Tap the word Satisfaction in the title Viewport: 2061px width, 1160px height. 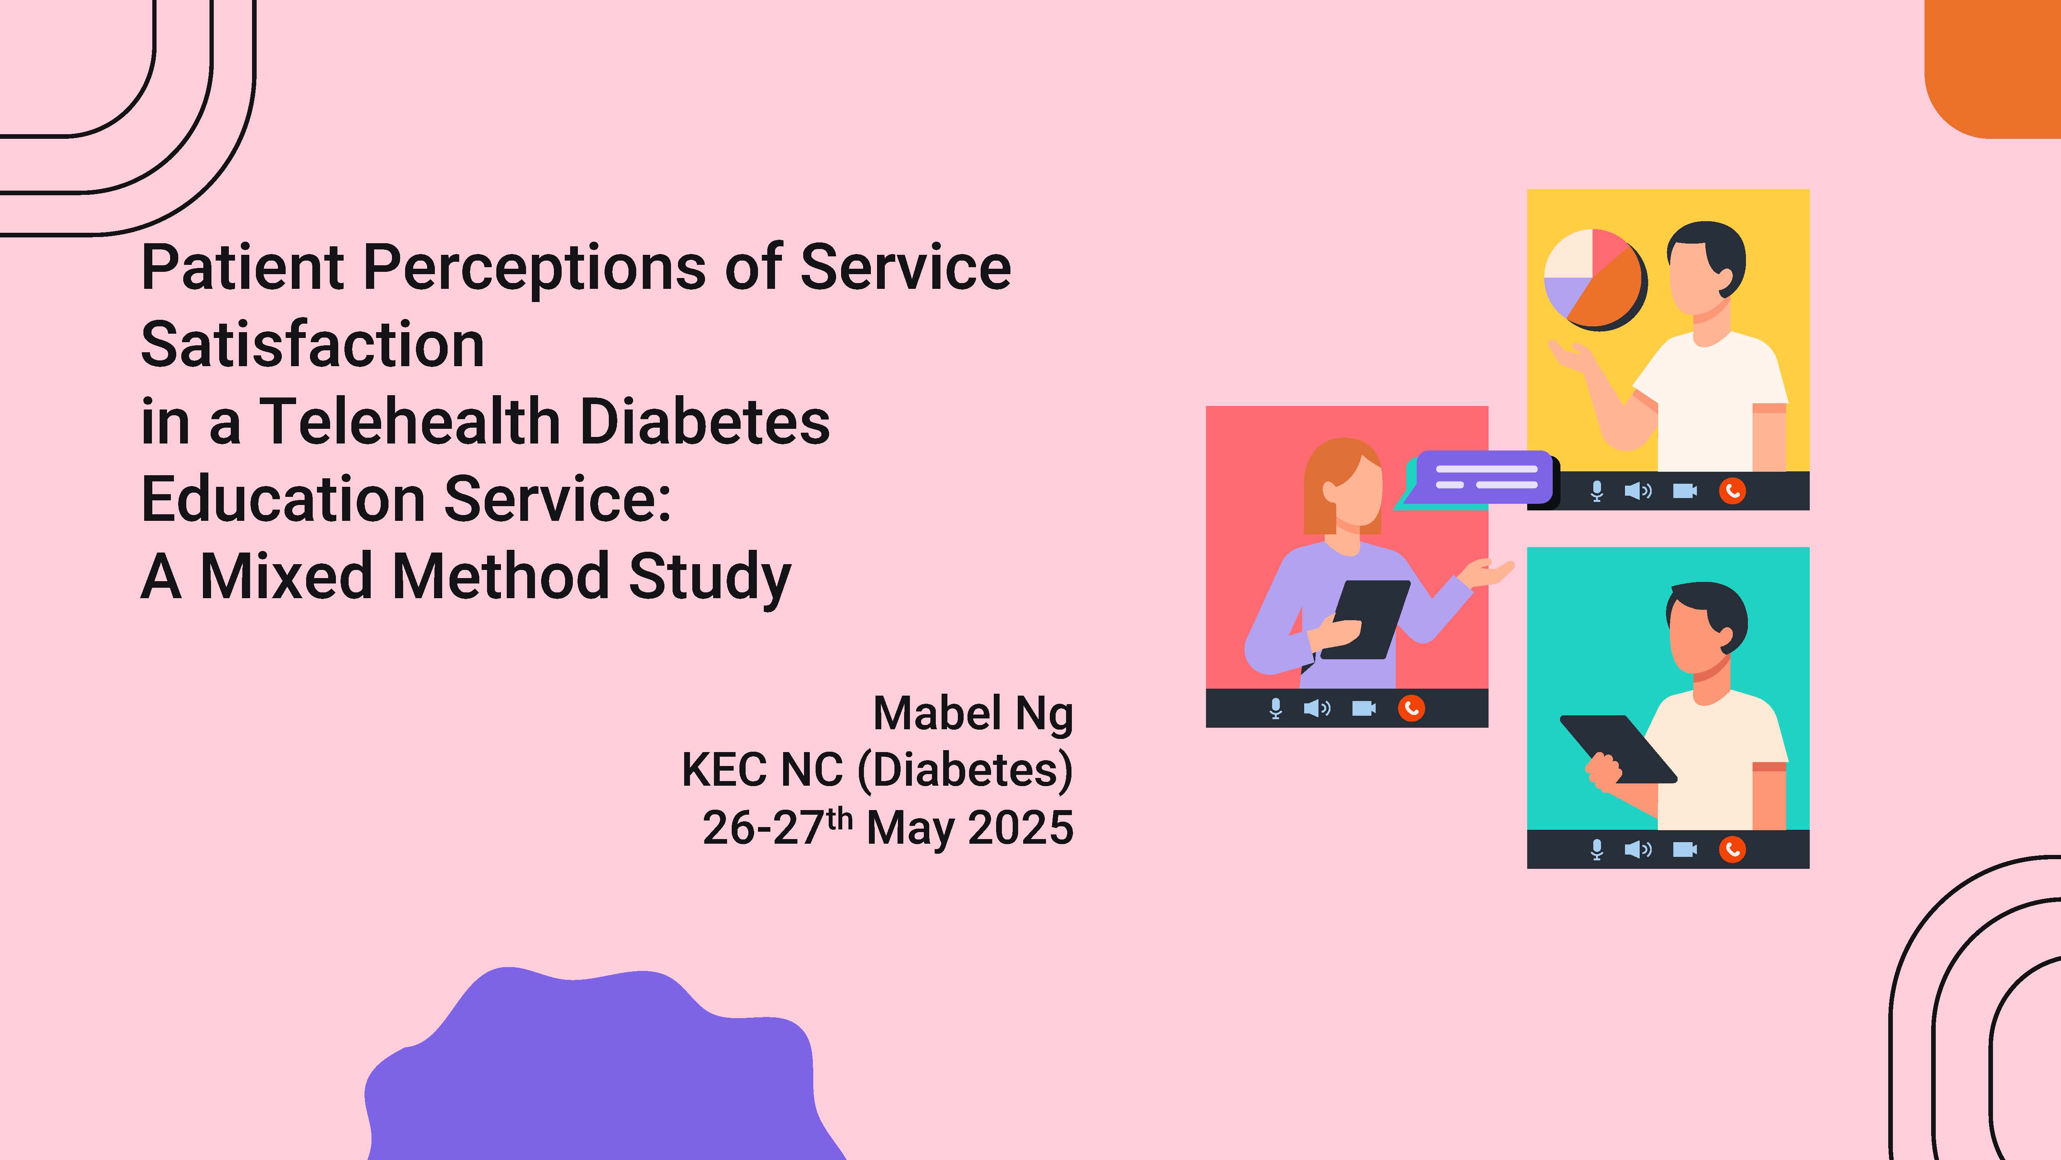[x=313, y=344]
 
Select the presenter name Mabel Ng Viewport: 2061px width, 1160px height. [x=973, y=714]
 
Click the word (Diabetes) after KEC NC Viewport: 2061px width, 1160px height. [x=965, y=770]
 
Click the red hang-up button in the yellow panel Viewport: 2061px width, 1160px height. [x=1732, y=491]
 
